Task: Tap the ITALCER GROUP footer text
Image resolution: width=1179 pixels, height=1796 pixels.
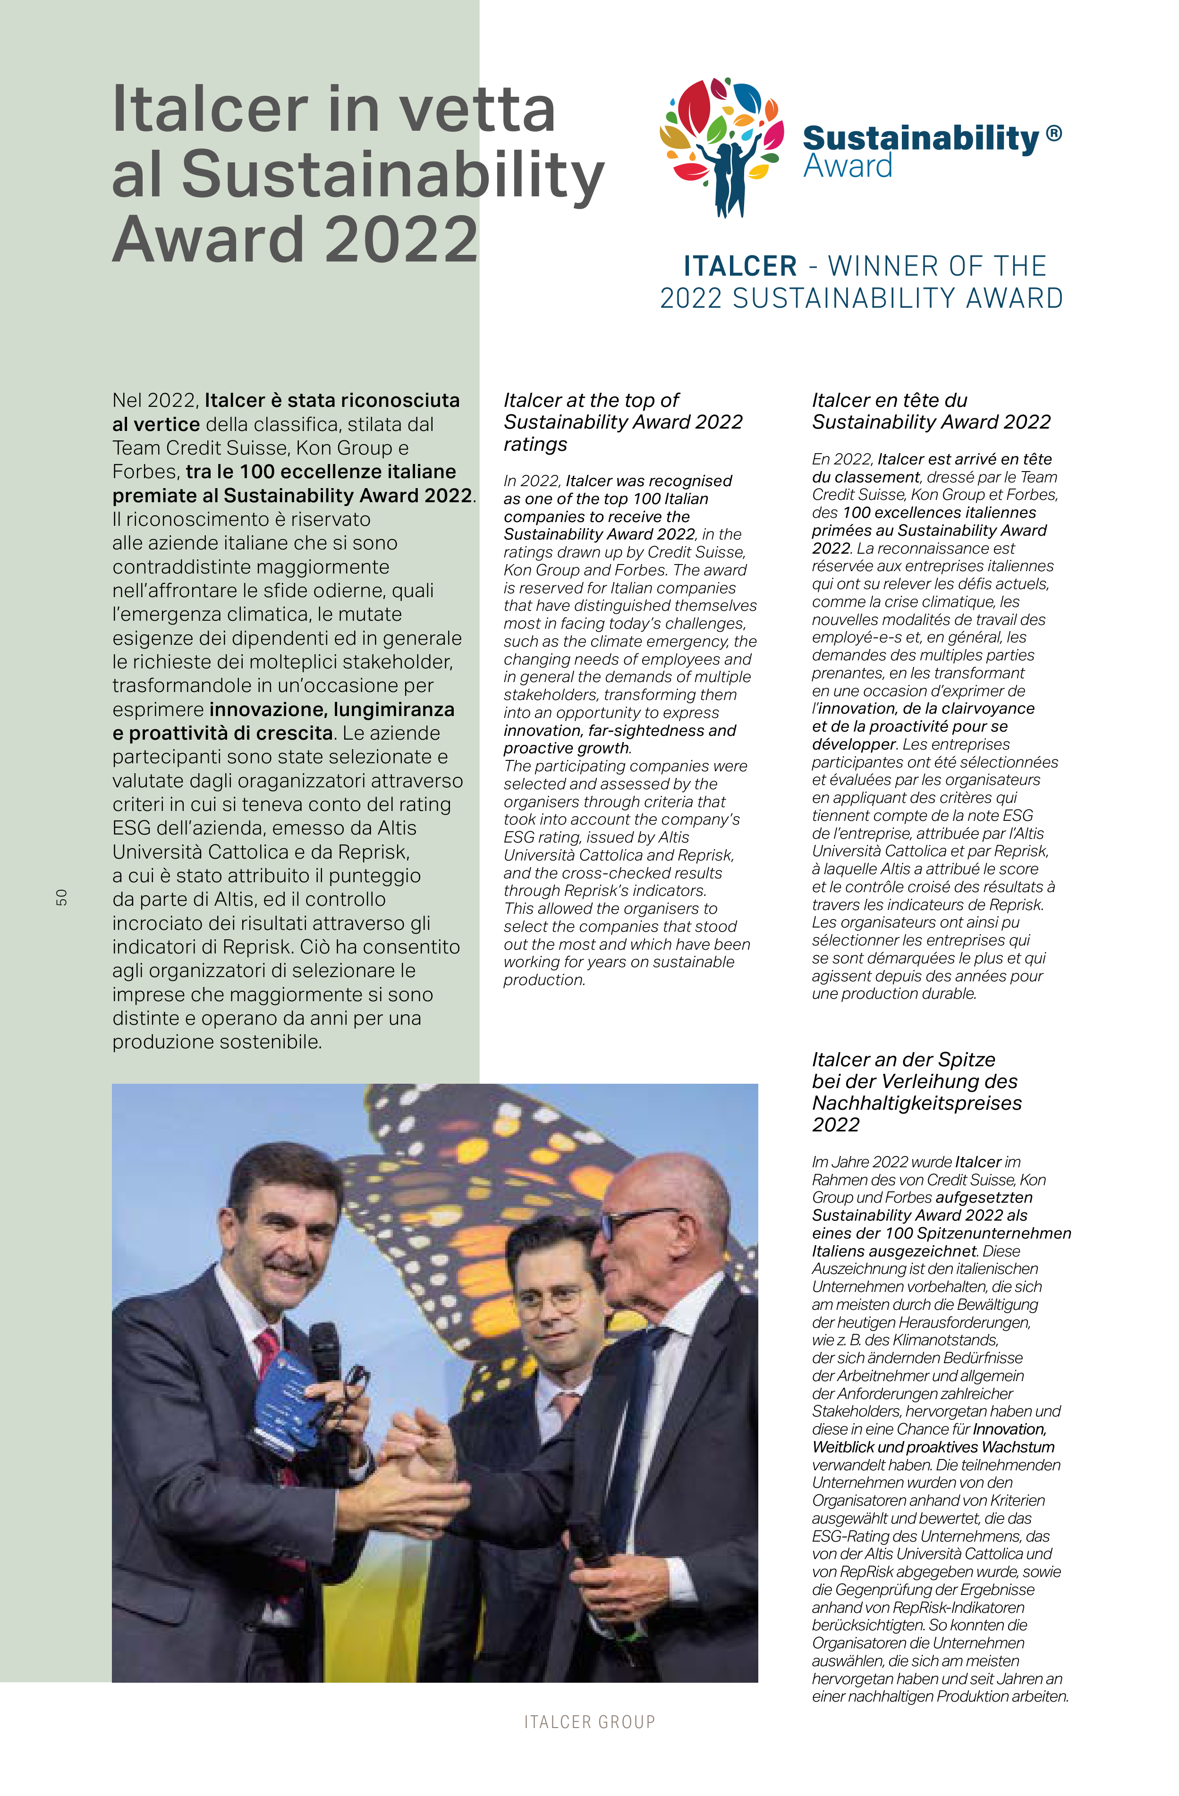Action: [589, 1722]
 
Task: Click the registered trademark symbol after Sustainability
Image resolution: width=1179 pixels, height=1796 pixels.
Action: [1054, 135]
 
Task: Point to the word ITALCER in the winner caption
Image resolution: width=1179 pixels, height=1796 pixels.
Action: [740, 266]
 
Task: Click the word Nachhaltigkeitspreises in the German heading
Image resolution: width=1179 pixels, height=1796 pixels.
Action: [916, 1103]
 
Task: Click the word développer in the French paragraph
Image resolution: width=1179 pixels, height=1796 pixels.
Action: [853, 744]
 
